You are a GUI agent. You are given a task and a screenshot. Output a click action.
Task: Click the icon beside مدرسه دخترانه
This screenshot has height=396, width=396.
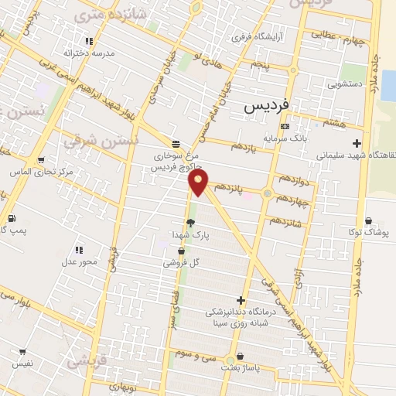[89, 41]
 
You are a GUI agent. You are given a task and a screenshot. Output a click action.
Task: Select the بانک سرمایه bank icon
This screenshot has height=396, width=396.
[285, 126]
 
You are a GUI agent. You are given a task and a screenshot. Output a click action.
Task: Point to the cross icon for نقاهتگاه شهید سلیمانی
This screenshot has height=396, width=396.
[356, 143]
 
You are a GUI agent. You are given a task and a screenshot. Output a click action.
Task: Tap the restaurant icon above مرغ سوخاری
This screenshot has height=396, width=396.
[176, 144]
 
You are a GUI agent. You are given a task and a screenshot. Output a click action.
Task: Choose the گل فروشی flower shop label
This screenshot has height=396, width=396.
[180, 262]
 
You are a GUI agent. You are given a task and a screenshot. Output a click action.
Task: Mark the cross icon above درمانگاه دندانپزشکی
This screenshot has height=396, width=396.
[241, 300]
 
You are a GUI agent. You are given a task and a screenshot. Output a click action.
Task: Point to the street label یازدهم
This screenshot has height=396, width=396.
[242, 145]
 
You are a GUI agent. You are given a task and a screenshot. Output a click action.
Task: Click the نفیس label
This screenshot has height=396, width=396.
[22, 362]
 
